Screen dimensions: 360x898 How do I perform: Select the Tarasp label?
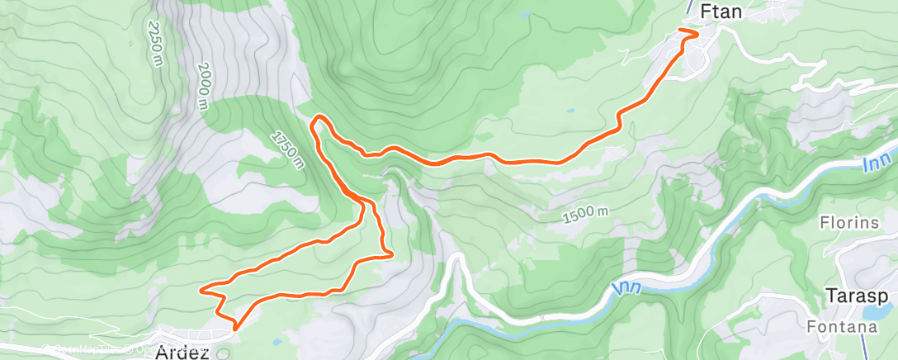(x=850, y=296)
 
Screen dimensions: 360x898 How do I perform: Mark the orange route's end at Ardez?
(x=235, y=328)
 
